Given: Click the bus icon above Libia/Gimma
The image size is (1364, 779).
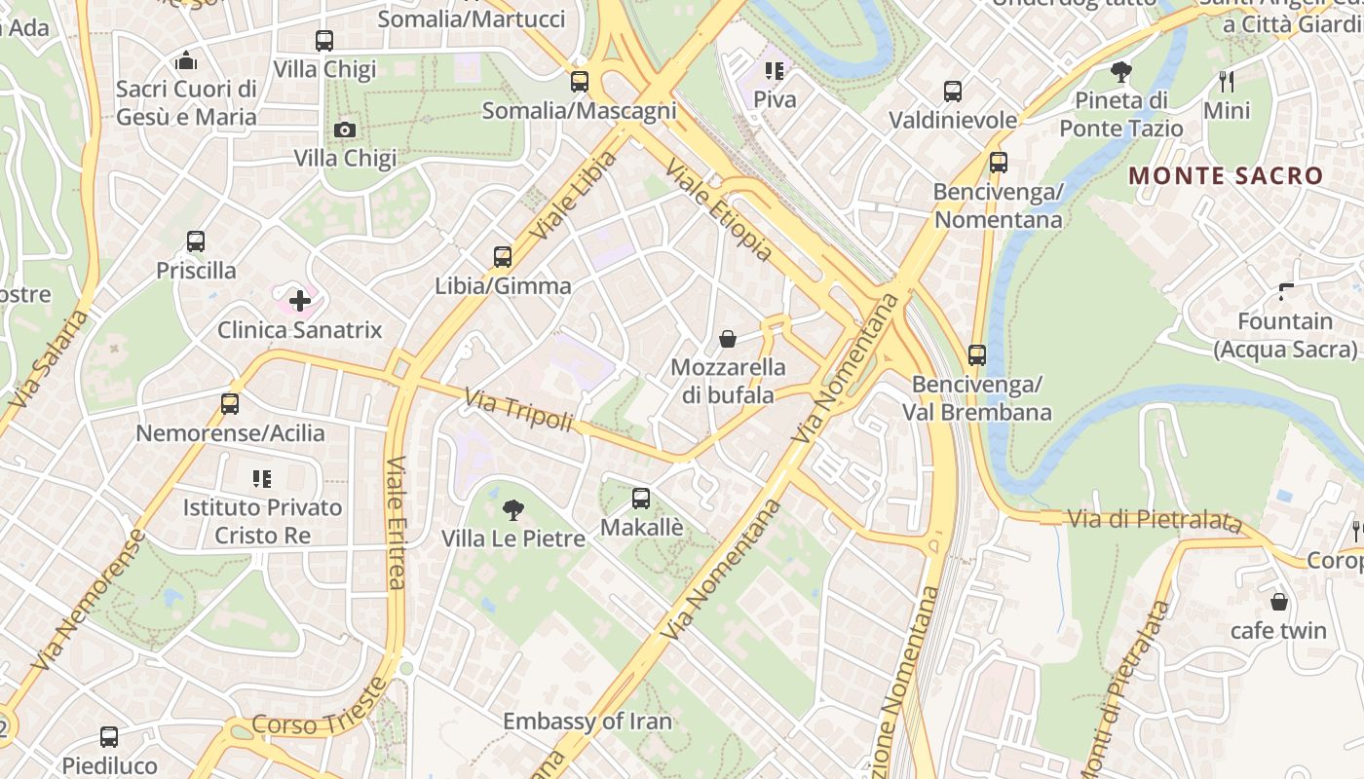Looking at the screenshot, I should (503, 257).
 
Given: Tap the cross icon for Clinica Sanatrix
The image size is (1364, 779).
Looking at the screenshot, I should (300, 301).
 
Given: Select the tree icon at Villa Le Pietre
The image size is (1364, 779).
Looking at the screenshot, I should (512, 509).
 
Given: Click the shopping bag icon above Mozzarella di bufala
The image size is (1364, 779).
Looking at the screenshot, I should (728, 339).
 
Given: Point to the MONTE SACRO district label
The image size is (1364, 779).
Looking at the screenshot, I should (1226, 176).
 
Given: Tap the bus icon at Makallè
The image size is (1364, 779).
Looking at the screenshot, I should (641, 499).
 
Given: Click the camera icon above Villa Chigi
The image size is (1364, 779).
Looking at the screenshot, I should (344, 130).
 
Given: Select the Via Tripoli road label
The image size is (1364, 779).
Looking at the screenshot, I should (518, 410).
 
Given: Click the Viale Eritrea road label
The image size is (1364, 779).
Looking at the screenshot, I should (396, 523).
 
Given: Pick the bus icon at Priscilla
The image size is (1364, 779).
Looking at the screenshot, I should (196, 241).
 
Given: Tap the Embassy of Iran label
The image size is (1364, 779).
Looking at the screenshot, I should (587, 722).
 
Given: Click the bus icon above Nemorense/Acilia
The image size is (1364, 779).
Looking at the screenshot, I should (230, 404).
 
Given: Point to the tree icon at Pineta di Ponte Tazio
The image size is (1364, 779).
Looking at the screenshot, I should (1121, 71).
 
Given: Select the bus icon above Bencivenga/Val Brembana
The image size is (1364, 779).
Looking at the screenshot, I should (977, 355).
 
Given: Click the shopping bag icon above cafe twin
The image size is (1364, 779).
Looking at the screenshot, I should (1278, 602).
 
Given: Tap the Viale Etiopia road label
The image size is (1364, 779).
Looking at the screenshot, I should (719, 212).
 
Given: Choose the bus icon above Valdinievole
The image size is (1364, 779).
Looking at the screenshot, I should (953, 92).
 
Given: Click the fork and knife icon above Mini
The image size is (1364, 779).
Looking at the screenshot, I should (1227, 81).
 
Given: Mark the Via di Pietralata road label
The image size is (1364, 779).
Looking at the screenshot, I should (1156, 520).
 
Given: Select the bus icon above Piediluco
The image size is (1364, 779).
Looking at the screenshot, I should (109, 737).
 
